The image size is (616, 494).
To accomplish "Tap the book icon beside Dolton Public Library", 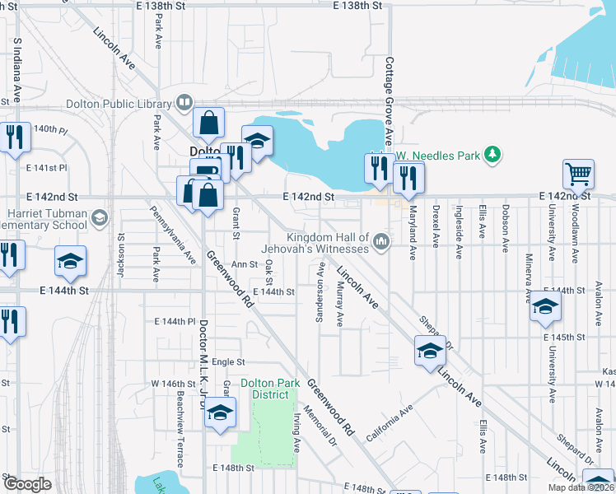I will point(184,104).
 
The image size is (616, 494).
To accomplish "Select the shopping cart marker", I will point(579,174).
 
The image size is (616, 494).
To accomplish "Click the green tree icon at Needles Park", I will point(492,154).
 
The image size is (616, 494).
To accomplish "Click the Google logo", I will point(27,483).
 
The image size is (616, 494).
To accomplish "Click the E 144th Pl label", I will point(174,321).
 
